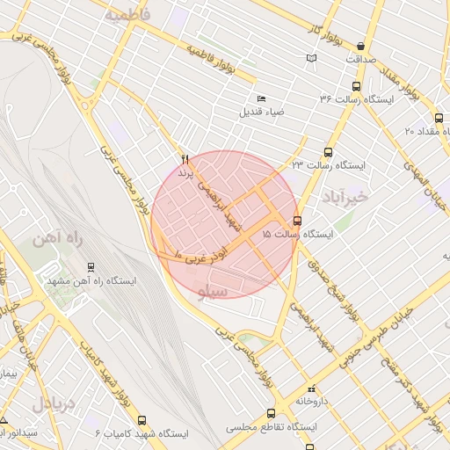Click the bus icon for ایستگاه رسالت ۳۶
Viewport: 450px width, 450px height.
pyautogui.click(x=356, y=86)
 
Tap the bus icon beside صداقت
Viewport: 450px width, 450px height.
pyautogui.click(x=361, y=47)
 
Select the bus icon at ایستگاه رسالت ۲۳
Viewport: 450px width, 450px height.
pyautogui.click(x=329, y=152)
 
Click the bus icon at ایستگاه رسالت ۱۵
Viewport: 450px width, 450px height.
pyautogui.click(x=297, y=221)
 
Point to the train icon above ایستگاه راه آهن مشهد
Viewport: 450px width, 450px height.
pyautogui.click(x=91, y=266)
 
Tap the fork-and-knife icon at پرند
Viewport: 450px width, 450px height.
pyautogui.click(x=185, y=159)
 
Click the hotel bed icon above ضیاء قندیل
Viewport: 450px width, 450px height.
pyautogui.click(x=260, y=98)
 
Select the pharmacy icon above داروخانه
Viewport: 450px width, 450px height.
pyautogui.click(x=309, y=388)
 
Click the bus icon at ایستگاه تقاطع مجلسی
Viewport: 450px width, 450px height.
pyautogui.click(x=271, y=413)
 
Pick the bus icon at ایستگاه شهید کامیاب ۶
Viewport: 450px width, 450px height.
pyautogui.click(x=142, y=421)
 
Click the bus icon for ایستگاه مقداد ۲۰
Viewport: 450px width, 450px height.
pyautogui.click(x=439, y=118)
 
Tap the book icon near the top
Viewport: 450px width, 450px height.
pyautogui.click(x=310, y=58)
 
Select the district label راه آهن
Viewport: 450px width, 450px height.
pyautogui.click(x=54, y=238)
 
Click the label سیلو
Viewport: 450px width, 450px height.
pyautogui.click(x=214, y=291)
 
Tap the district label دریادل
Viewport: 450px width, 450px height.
pyautogui.click(x=54, y=403)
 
